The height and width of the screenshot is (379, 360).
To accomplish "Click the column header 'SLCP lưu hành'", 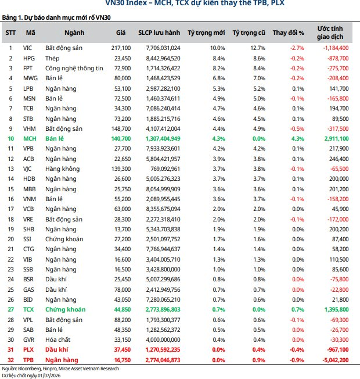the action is [159, 33].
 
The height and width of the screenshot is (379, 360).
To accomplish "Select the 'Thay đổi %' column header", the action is [288, 33].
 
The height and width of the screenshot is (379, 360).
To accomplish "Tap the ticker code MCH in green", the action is [30, 139].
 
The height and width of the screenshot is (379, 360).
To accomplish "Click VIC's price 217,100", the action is [121, 48].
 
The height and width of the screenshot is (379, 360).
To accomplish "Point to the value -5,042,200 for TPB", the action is [336, 360].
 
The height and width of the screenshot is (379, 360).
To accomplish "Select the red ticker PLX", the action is [28, 350].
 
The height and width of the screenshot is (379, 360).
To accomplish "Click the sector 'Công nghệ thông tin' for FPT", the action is [74, 69].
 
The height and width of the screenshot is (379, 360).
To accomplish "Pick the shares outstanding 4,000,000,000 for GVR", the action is [163, 340].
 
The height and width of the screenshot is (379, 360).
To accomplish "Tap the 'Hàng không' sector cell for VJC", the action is [63, 169].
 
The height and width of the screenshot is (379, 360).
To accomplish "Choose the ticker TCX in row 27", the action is [28, 310].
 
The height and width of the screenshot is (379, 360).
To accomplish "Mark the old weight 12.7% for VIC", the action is [258, 48].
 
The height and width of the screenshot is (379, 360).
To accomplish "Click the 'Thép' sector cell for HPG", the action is [52, 59].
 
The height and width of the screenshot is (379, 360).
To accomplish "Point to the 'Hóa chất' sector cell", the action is [57, 340].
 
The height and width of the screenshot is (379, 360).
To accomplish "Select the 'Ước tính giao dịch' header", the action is [330, 33].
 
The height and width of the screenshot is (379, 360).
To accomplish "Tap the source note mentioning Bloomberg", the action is [60, 369].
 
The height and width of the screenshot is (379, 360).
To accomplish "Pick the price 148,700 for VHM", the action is [121, 129].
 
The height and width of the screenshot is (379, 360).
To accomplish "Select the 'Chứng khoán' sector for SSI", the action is [64, 239].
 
